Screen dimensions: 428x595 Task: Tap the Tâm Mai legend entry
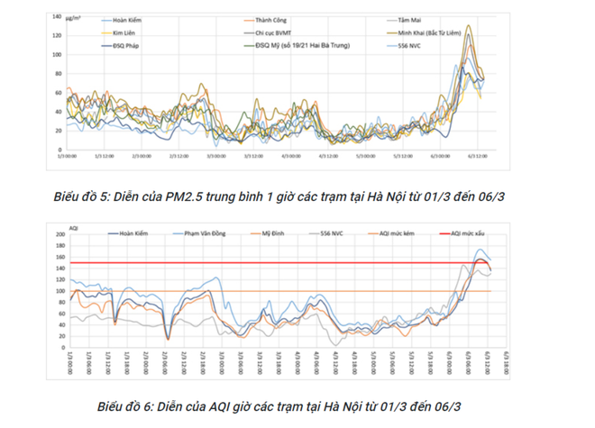410,19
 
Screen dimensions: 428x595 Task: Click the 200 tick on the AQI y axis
59,234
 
